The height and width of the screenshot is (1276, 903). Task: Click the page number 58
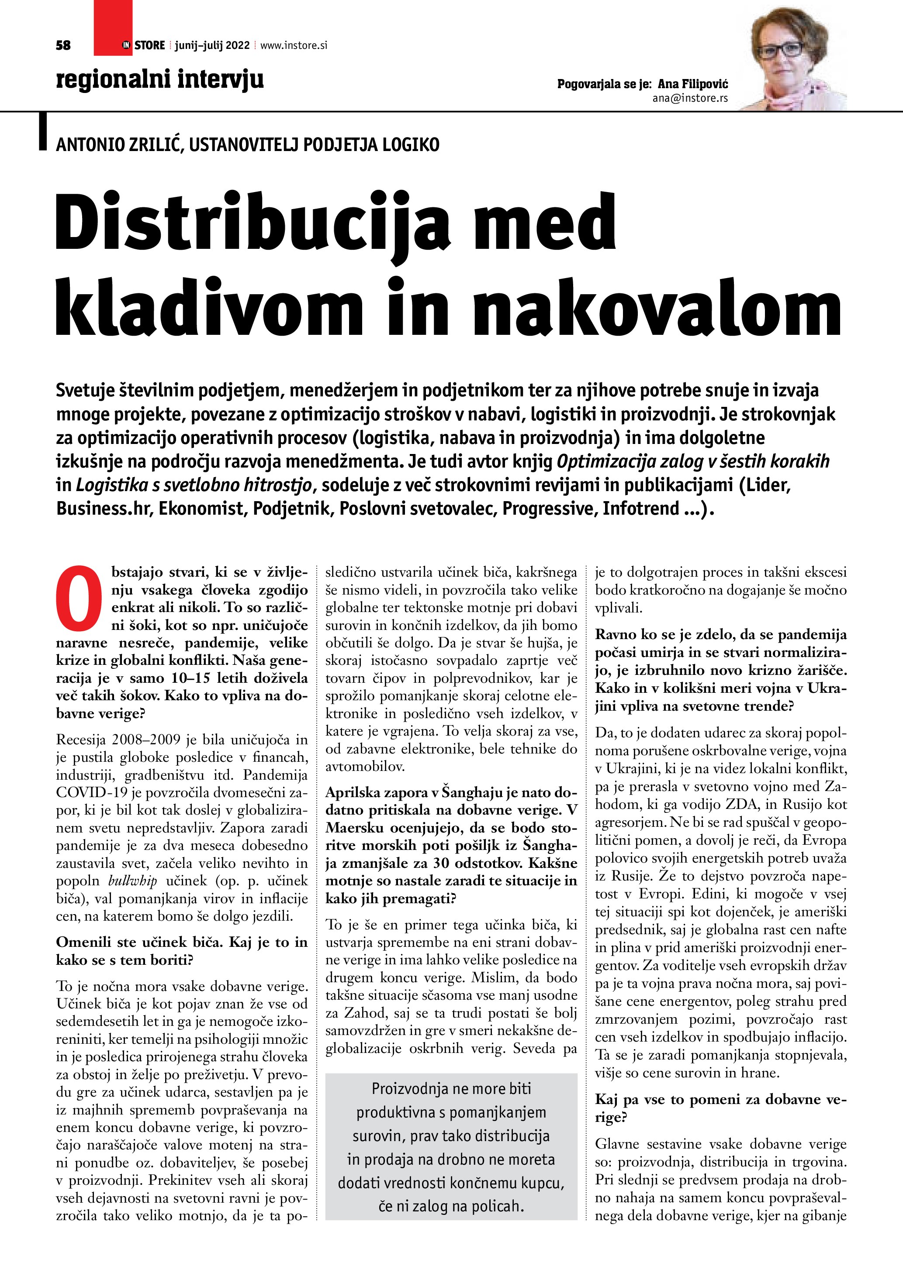(63, 45)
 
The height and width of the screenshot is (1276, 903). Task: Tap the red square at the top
(113, 28)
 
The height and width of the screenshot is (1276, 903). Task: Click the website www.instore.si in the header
(294, 45)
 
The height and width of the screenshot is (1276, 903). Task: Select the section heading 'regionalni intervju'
(159, 79)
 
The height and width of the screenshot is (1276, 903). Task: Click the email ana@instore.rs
(690, 98)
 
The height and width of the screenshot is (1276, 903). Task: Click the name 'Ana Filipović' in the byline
(693, 84)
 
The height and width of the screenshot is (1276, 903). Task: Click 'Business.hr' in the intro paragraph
(104, 508)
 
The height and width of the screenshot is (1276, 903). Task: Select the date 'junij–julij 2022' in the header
(212, 45)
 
